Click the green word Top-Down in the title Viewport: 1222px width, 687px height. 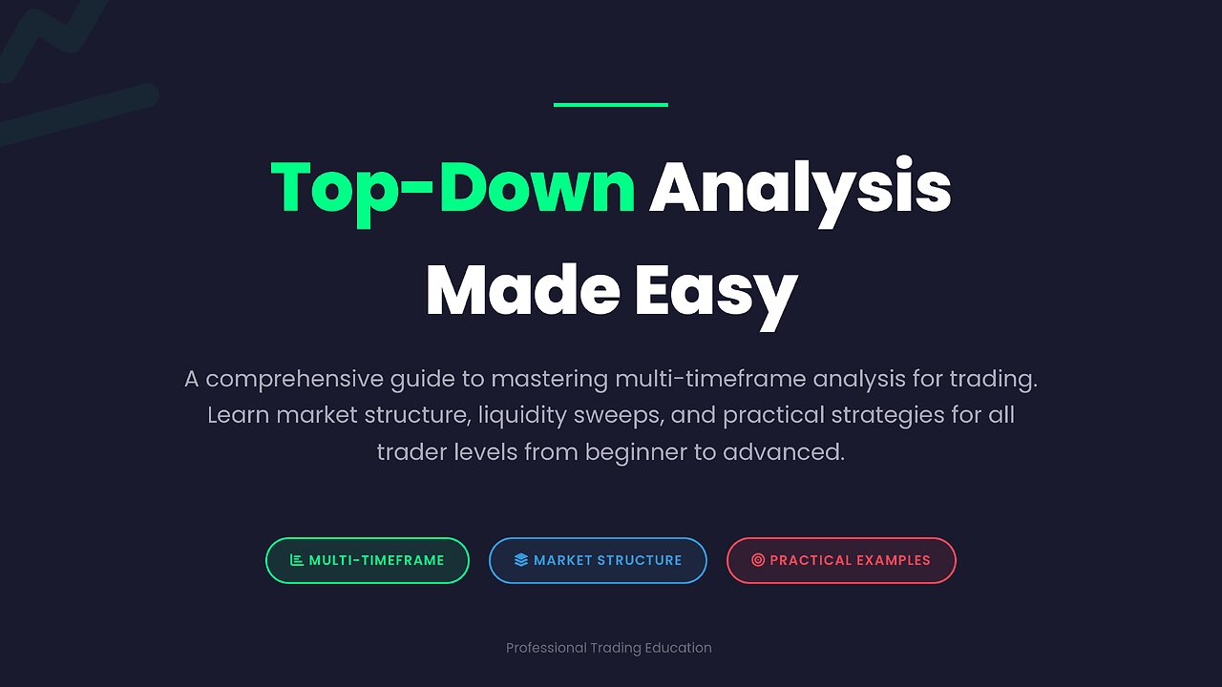(x=453, y=187)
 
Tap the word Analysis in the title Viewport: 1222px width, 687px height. (x=800, y=187)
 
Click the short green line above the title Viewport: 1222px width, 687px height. (x=610, y=105)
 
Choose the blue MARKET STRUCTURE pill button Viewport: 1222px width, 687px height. (x=598, y=560)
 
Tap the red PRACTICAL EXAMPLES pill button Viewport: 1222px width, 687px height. (x=841, y=560)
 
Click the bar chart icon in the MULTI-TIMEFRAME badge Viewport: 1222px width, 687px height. (x=296, y=560)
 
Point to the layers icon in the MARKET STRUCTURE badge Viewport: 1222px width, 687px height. (x=520, y=560)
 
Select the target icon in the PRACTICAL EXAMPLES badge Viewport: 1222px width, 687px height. (x=758, y=560)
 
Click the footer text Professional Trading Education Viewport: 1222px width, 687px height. (x=609, y=648)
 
